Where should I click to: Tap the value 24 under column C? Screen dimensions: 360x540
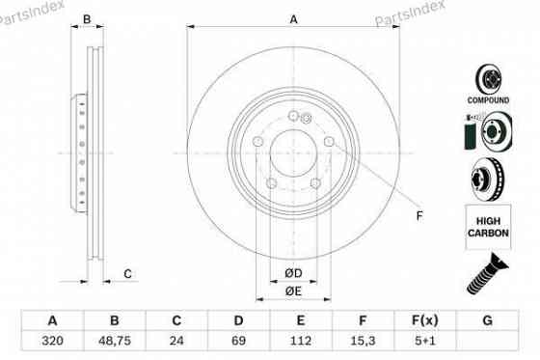coord(176,341)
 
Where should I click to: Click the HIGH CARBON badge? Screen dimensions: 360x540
coord(491,228)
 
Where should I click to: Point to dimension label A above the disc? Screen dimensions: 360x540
coord(293,19)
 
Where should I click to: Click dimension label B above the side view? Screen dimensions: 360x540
coord(87,19)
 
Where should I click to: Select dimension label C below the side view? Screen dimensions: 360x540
coord(126,274)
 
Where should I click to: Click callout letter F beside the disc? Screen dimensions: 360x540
coord(418,215)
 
